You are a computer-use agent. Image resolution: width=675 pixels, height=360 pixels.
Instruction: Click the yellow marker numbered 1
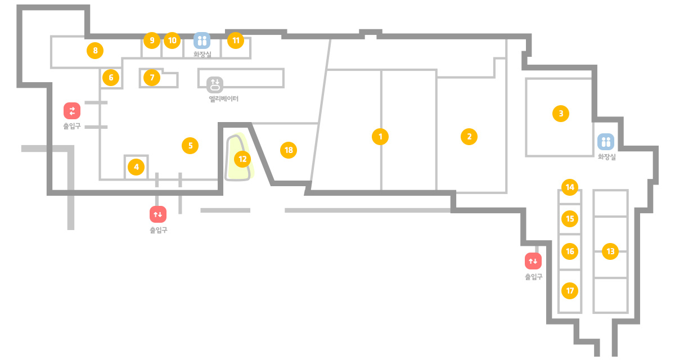tap(380, 137)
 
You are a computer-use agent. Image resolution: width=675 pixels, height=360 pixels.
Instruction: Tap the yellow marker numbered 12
tap(242, 159)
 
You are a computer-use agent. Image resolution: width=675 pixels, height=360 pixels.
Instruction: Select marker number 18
tap(289, 150)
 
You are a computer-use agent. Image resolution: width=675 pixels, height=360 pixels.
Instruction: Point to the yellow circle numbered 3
tap(561, 114)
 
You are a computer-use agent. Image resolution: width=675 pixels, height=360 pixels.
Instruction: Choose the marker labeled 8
tap(95, 50)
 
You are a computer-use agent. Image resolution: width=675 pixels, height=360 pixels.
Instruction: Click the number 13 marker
tap(610, 251)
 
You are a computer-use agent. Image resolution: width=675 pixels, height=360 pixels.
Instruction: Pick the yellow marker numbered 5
tap(190, 146)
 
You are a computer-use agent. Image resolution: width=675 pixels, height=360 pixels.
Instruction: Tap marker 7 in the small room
tap(152, 78)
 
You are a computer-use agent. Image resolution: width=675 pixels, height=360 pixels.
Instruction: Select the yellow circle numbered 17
tap(570, 291)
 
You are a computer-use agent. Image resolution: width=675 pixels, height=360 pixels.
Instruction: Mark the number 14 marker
tap(570, 187)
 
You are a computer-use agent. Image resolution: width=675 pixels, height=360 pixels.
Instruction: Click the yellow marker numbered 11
tap(236, 40)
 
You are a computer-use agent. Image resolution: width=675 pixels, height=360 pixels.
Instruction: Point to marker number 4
tap(136, 167)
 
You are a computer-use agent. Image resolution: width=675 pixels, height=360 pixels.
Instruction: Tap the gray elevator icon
tap(215, 84)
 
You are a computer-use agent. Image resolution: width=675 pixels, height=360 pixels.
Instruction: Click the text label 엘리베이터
tap(224, 99)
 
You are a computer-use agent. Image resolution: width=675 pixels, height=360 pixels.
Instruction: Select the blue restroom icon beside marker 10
tap(202, 40)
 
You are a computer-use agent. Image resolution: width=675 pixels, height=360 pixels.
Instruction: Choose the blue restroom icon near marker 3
tap(606, 142)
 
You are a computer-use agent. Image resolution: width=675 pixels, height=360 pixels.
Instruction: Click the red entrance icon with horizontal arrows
tap(72, 111)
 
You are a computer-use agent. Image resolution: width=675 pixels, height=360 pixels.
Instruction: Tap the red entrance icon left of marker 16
tap(533, 261)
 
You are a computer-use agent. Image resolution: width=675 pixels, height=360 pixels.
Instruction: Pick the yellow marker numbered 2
tap(469, 137)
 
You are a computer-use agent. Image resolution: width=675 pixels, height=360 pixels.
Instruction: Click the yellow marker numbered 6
tap(111, 78)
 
